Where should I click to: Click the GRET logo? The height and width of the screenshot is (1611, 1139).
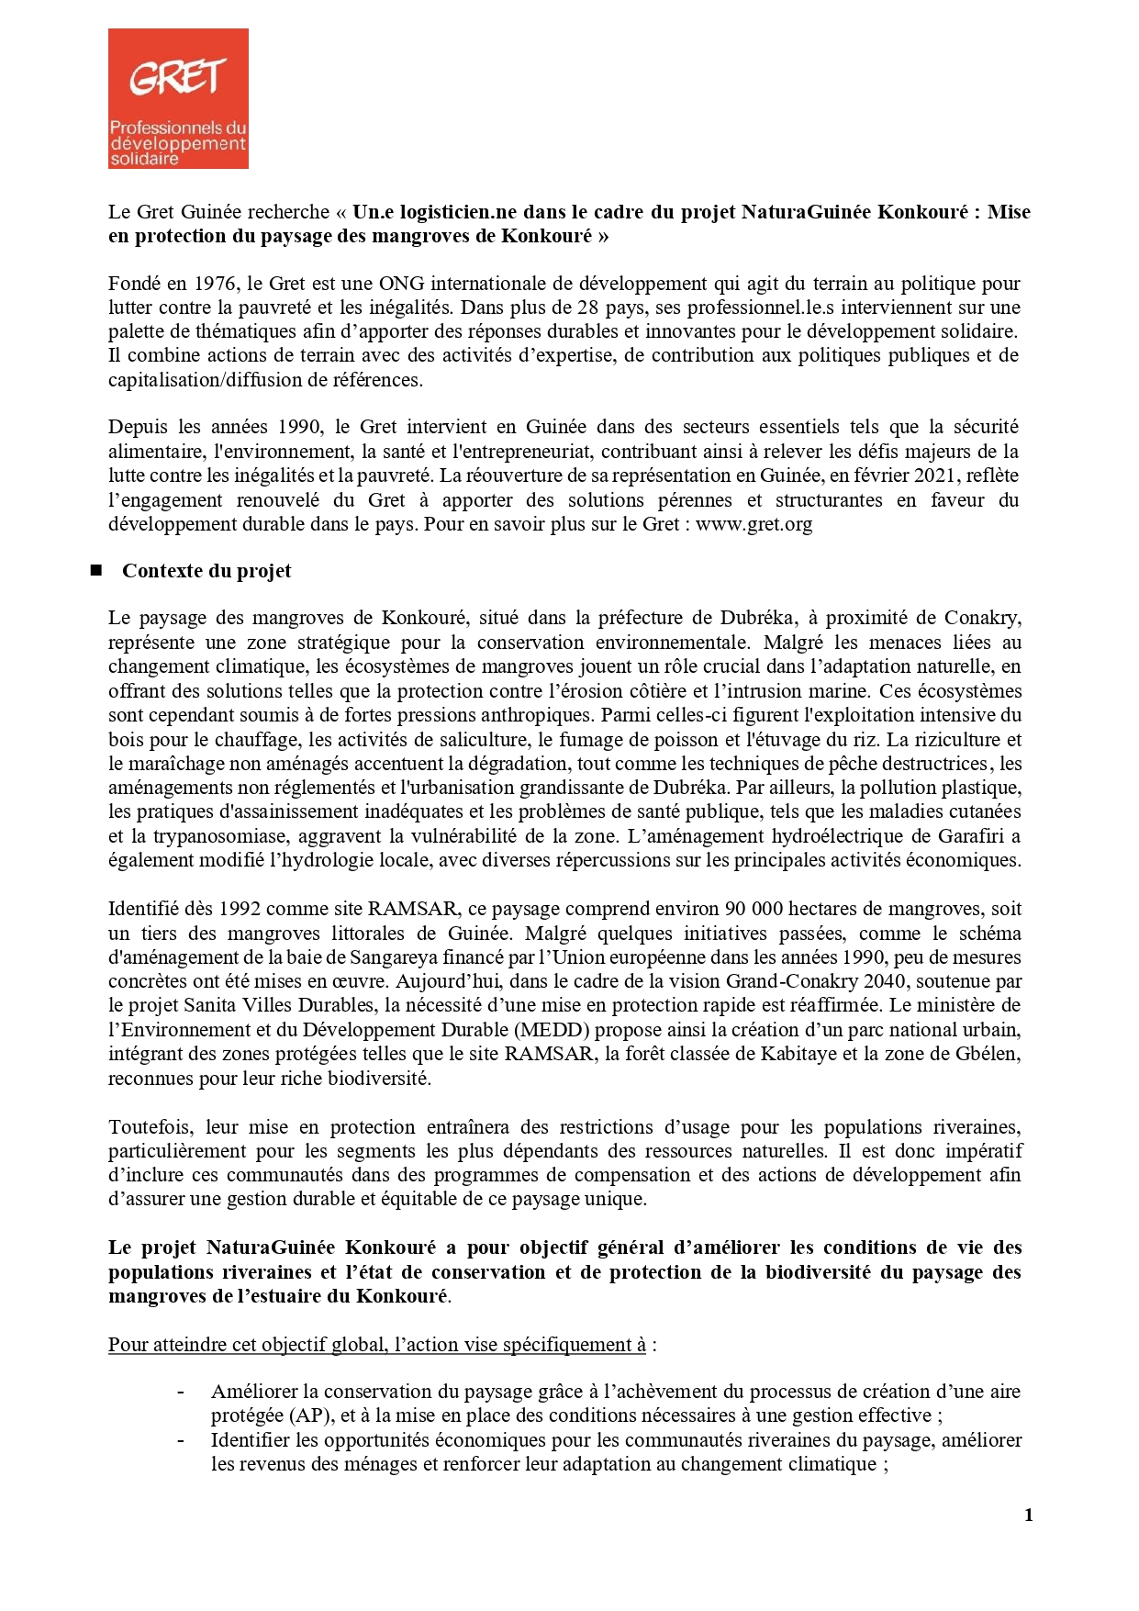[x=178, y=98]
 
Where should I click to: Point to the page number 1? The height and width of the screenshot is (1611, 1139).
[x=1028, y=1515]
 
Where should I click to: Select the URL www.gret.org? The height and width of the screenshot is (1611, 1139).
[x=754, y=524]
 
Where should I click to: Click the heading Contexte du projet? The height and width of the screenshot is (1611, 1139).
[x=207, y=571]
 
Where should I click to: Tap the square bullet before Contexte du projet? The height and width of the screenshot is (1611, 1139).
[x=95, y=571]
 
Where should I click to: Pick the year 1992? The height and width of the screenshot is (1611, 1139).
[x=240, y=909]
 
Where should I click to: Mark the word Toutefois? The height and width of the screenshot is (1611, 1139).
[x=151, y=1127]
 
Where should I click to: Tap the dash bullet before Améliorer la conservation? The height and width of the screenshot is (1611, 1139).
[x=181, y=1392]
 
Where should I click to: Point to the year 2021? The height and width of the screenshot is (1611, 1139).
[x=938, y=475]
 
